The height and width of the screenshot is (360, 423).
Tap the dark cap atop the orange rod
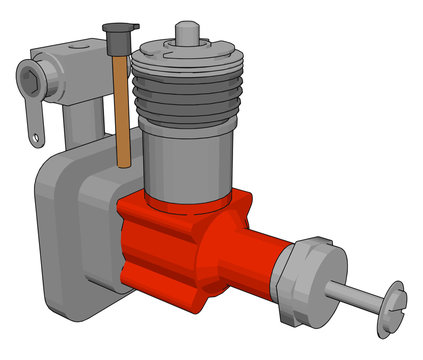[115, 41]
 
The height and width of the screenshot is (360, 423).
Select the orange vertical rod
[122, 110]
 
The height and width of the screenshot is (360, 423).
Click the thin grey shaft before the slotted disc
[355, 294]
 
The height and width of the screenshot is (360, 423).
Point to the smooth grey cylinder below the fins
[185, 165]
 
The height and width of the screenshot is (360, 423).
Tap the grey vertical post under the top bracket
[85, 130]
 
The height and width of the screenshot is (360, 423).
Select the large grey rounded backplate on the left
[65, 230]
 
